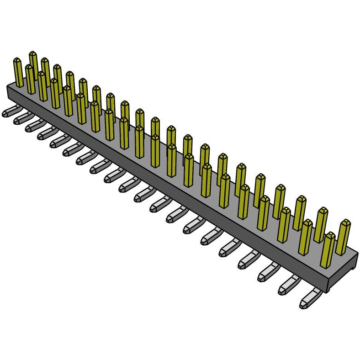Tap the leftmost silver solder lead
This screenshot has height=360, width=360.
tap(10, 111)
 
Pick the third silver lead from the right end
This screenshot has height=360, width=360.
tap(270, 272)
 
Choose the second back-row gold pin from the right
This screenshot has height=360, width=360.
tap(322, 224)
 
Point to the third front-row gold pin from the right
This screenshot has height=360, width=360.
tap(284, 224)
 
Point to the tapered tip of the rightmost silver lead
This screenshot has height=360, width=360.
tap(303, 303)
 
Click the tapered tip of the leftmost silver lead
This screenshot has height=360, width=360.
tap(5, 114)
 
